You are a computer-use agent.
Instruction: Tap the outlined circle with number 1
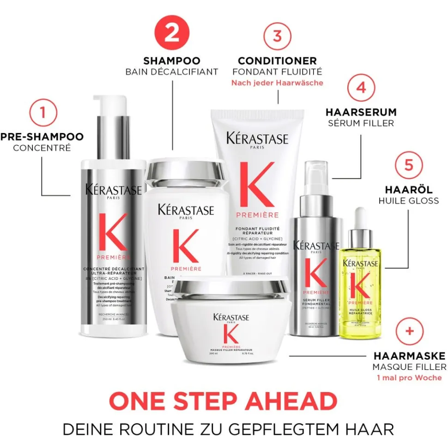tap(42, 112)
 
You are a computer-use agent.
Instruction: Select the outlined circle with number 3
tap(277, 36)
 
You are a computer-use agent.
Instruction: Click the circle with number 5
tap(408, 165)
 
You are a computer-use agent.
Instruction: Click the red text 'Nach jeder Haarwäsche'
tap(277, 83)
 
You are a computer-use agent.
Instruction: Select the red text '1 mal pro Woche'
tap(410, 378)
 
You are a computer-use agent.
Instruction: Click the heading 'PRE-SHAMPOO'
tap(42, 137)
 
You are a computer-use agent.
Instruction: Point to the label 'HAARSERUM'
tap(361, 112)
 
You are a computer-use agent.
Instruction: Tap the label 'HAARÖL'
tap(408, 190)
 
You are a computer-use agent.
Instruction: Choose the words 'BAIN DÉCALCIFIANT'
tap(171, 72)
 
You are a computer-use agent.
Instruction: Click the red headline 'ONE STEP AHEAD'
tap(223, 400)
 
